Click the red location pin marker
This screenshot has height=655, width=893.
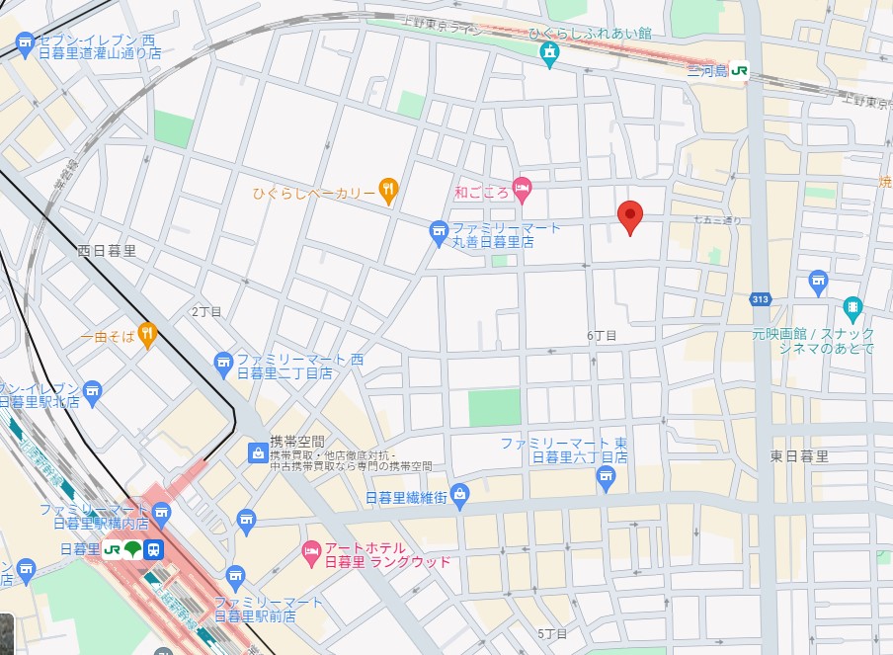click(630, 215)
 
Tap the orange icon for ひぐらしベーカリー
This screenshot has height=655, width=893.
click(389, 191)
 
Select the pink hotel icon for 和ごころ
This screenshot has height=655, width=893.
click(523, 187)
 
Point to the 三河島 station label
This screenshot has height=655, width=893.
click(707, 71)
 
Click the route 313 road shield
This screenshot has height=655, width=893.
click(760, 299)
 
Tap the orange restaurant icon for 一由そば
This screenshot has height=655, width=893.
click(147, 336)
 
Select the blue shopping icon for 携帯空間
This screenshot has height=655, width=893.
click(257, 452)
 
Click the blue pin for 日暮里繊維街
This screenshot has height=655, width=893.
click(459, 495)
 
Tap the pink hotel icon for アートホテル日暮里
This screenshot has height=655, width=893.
click(311, 549)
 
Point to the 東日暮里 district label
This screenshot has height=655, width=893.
click(799, 456)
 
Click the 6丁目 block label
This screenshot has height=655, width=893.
click(602, 336)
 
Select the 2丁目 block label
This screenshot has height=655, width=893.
click(206, 311)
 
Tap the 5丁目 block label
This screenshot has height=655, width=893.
click(553, 632)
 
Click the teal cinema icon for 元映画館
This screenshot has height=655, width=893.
click(852, 307)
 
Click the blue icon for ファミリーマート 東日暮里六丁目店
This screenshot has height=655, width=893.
click(607, 478)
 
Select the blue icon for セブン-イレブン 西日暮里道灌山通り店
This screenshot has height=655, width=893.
click(25, 43)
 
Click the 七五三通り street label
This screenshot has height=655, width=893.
click(716, 219)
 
